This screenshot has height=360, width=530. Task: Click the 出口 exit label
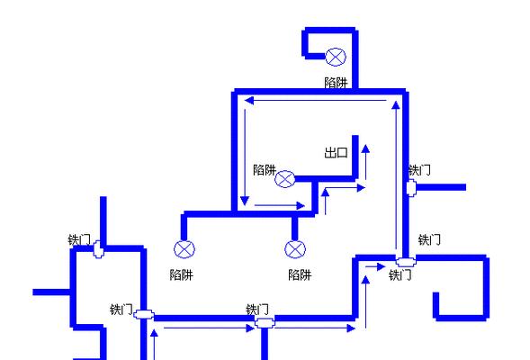(x=336, y=152)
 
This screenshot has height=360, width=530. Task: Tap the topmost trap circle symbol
(x=336, y=57)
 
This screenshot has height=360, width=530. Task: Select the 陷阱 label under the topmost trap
(x=336, y=83)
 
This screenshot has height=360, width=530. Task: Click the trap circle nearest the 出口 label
(x=284, y=179)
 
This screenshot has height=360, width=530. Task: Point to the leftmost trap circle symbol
(x=184, y=249)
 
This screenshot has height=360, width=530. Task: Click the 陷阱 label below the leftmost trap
(x=182, y=274)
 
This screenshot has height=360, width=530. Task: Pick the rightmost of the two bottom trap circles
(x=295, y=249)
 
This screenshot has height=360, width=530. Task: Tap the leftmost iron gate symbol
(x=98, y=249)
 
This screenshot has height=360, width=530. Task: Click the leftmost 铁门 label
(x=79, y=240)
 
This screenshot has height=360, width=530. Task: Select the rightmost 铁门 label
(x=429, y=239)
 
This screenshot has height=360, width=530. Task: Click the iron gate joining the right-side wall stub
(x=411, y=188)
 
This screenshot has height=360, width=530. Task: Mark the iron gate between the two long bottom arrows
(x=265, y=323)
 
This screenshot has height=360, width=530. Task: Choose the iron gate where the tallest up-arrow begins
(x=406, y=262)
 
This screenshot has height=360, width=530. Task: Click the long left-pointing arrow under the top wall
(x=315, y=101)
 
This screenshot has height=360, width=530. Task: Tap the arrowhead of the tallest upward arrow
(x=396, y=104)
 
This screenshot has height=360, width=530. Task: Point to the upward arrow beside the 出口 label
(x=365, y=162)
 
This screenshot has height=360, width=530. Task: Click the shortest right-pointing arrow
(x=375, y=266)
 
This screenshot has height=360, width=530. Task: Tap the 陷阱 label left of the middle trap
(x=265, y=170)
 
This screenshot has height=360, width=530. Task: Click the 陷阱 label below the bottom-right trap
(x=300, y=274)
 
